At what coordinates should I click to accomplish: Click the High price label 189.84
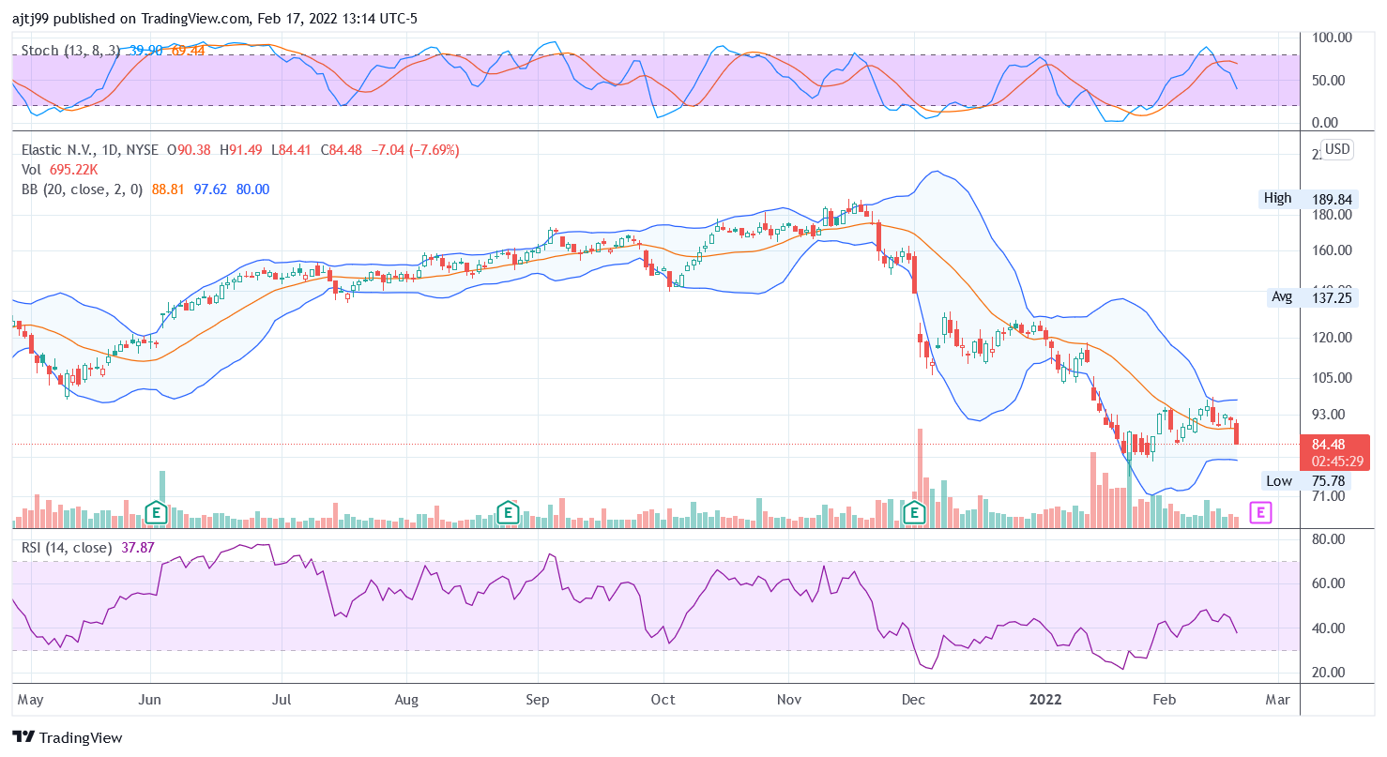click(1332, 199)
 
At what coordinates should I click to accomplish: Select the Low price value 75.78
click(1332, 481)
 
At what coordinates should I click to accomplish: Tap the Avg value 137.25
click(1332, 296)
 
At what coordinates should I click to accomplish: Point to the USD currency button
click(1336, 150)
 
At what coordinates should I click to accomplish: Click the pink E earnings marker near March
click(1261, 512)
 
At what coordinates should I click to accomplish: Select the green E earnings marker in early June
click(156, 512)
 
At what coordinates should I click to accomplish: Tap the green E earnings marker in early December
click(915, 512)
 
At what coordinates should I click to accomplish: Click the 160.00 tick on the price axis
click(1332, 250)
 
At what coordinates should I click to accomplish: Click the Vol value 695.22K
click(74, 170)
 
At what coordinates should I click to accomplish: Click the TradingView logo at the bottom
click(68, 737)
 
